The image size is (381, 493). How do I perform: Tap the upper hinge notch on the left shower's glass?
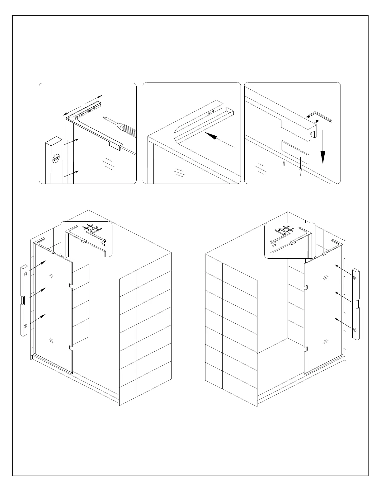coord(70,286)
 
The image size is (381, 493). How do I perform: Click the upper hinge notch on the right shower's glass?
coord(306,288)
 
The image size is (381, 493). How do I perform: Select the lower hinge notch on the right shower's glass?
coord(306,349)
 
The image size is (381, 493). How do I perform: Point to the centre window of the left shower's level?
coord(23,300)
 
